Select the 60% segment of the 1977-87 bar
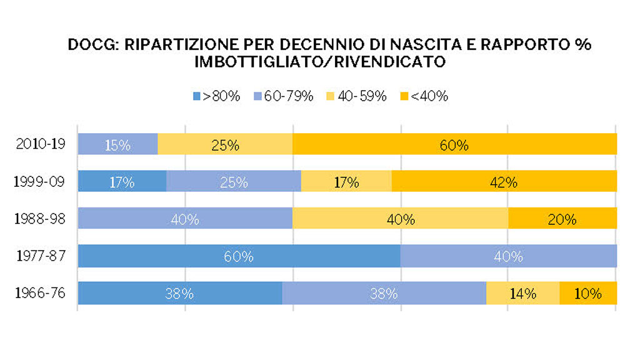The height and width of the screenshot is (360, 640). point(239,256)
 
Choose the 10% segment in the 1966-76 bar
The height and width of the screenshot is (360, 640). point(588,292)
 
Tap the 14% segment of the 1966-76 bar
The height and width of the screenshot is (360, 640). point(522,292)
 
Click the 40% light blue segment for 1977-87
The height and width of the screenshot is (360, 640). point(508,256)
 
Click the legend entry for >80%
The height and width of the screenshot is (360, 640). point(216,96)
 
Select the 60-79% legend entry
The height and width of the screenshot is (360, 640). point(284,96)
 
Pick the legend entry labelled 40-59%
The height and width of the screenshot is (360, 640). point(357,96)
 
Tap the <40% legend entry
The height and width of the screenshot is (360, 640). point(424,96)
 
